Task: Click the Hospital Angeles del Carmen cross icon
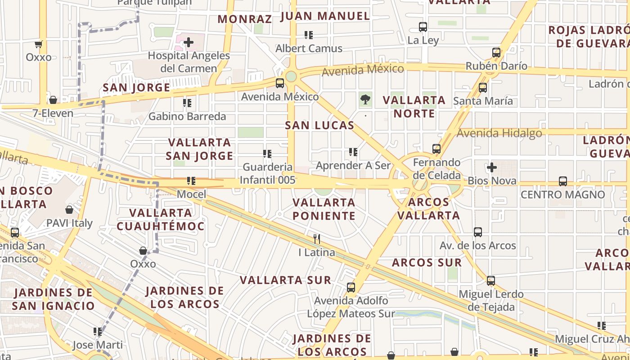click(189, 42)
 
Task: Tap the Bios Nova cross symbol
click(491, 167)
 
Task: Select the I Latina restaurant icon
click(317, 239)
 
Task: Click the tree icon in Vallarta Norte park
click(365, 99)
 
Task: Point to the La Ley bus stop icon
click(423, 27)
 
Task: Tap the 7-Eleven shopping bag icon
click(53, 100)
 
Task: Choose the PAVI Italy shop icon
click(69, 210)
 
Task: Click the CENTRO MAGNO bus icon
click(562, 181)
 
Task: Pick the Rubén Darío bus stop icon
click(496, 52)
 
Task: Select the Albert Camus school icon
click(309, 35)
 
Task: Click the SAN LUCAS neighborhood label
click(319, 126)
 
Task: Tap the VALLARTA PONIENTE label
click(324, 209)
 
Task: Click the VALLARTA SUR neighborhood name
click(285, 280)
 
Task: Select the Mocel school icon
click(191, 181)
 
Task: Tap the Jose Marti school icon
click(98, 332)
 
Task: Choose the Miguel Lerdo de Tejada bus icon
click(490, 281)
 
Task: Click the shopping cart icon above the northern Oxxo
click(38, 44)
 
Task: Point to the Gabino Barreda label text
click(187, 117)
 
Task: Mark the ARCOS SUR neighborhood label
click(427, 263)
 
